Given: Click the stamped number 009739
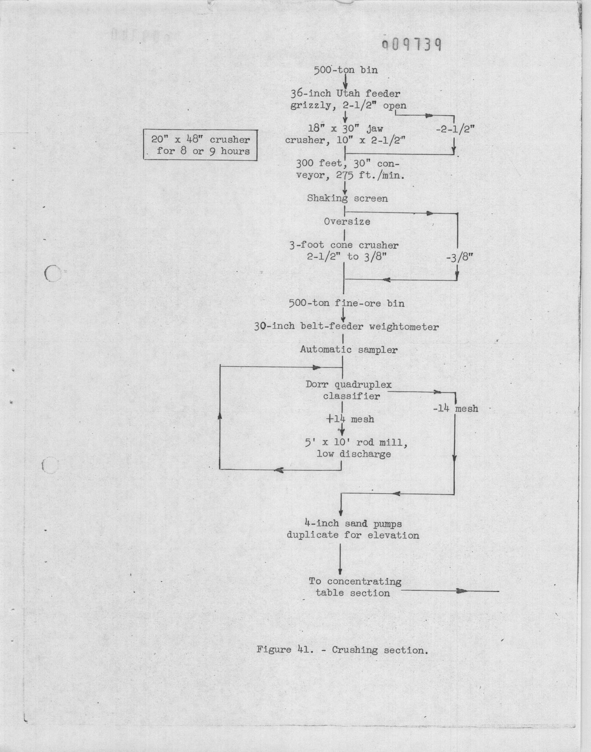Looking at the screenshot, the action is pos(411,44).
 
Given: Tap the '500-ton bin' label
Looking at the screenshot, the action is pos(346,70).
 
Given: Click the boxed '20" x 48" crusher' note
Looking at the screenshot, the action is pos(201,145).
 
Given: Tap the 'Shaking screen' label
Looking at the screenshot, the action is pos(347,199).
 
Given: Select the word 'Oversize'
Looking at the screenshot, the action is pos(347,221).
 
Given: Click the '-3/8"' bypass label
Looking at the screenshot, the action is pos(460,258).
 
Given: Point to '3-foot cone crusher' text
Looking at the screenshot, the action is pos(344,245).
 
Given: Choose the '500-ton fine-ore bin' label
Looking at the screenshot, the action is pos(347,303).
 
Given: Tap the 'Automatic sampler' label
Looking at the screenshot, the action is pos(349,350).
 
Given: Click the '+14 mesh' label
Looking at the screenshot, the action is pos(350,419).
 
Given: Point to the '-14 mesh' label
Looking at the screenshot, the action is pos(455,409).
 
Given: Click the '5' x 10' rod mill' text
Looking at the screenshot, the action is pos(356,443).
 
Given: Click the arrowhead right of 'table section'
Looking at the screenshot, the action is pos(462,591).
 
